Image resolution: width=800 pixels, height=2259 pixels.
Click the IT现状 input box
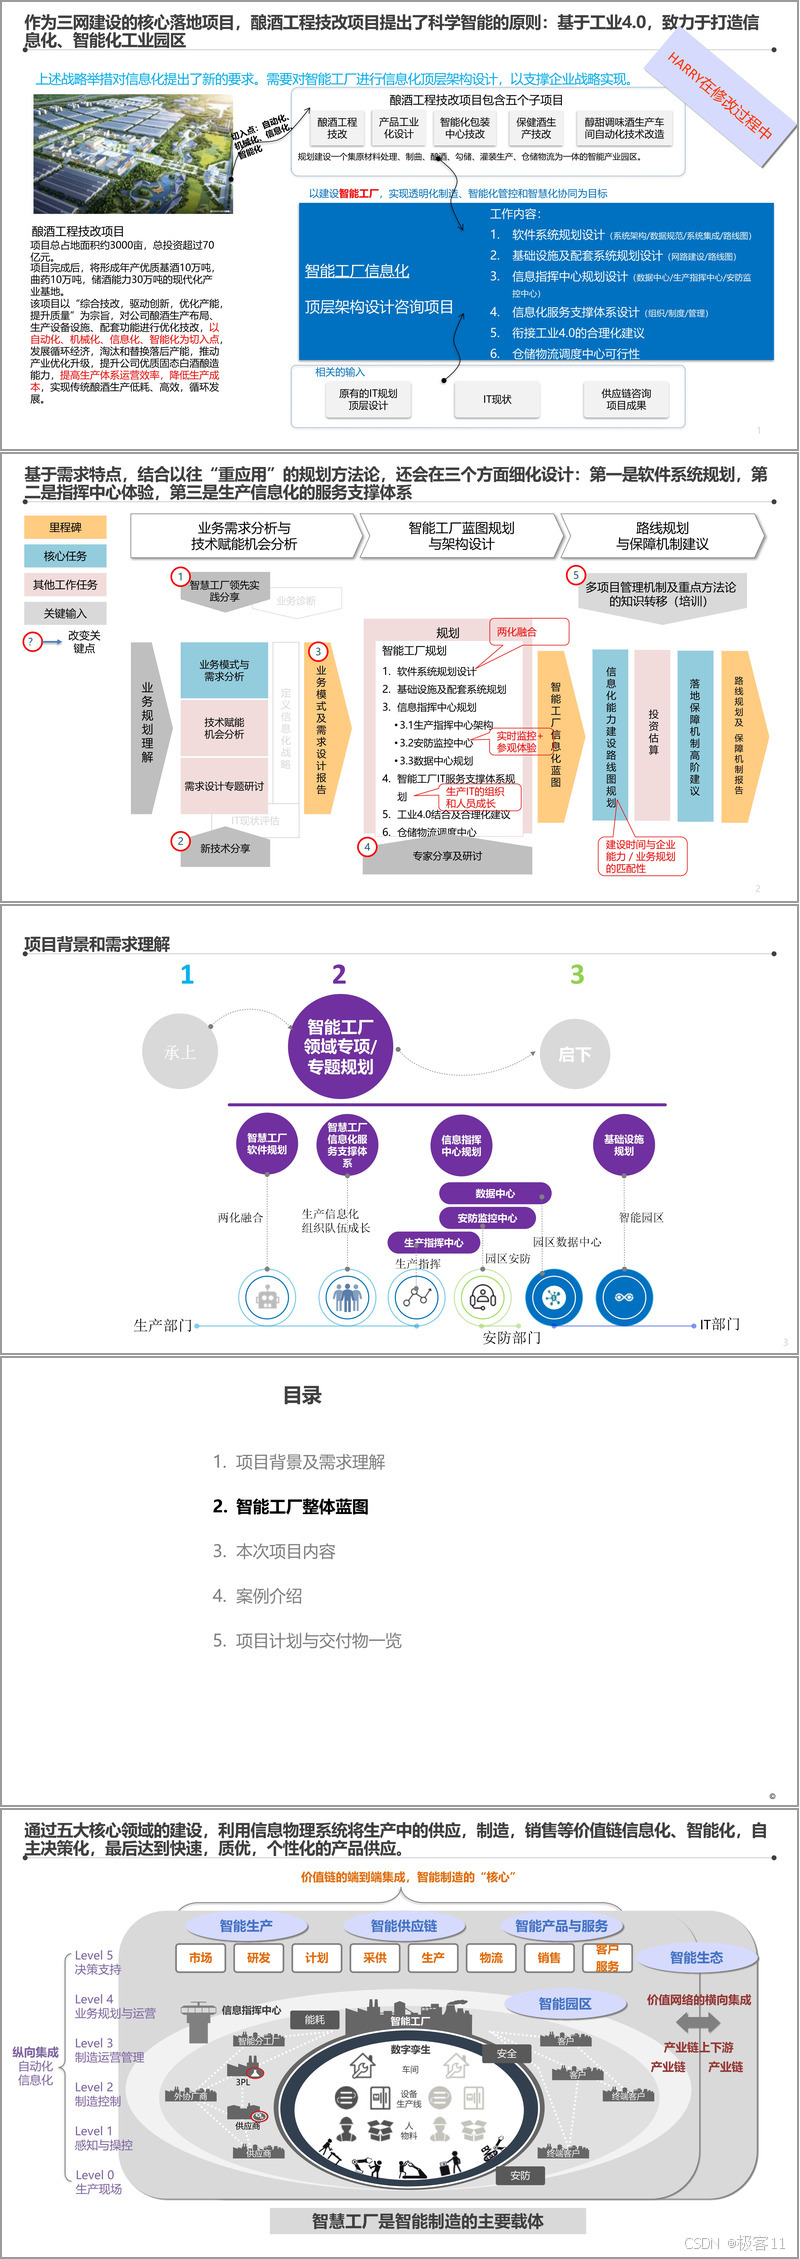click(x=497, y=400)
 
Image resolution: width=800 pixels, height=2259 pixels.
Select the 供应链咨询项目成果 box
click(x=626, y=400)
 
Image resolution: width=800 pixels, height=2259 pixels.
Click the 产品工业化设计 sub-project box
click(x=398, y=128)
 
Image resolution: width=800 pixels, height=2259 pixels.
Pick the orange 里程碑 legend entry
click(x=65, y=527)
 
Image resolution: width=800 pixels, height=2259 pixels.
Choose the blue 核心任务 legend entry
click(x=65, y=556)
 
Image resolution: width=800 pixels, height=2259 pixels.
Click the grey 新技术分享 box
click(x=225, y=848)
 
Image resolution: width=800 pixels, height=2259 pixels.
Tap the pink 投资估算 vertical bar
click(x=653, y=735)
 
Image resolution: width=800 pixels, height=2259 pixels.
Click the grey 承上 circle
click(x=180, y=1052)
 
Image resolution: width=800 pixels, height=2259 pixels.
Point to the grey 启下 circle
click(x=574, y=1054)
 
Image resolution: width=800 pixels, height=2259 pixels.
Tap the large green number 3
click(x=577, y=974)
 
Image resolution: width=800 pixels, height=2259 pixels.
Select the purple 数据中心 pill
click(x=495, y=1193)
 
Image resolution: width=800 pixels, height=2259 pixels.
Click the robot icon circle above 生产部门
click(x=267, y=1298)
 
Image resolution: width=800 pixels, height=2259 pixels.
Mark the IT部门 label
click(x=719, y=1324)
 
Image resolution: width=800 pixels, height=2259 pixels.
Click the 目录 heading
click(x=302, y=1395)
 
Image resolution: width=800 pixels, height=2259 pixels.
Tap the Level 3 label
click(x=94, y=2043)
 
